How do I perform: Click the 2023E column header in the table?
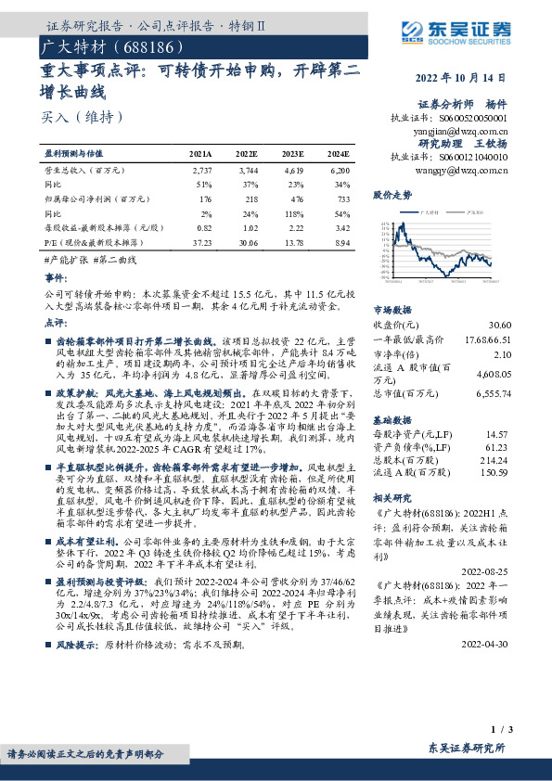[292, 153]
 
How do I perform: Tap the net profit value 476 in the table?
[292, 198]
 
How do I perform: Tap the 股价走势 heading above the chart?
[392, 197]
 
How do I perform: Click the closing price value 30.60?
[500, 326]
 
